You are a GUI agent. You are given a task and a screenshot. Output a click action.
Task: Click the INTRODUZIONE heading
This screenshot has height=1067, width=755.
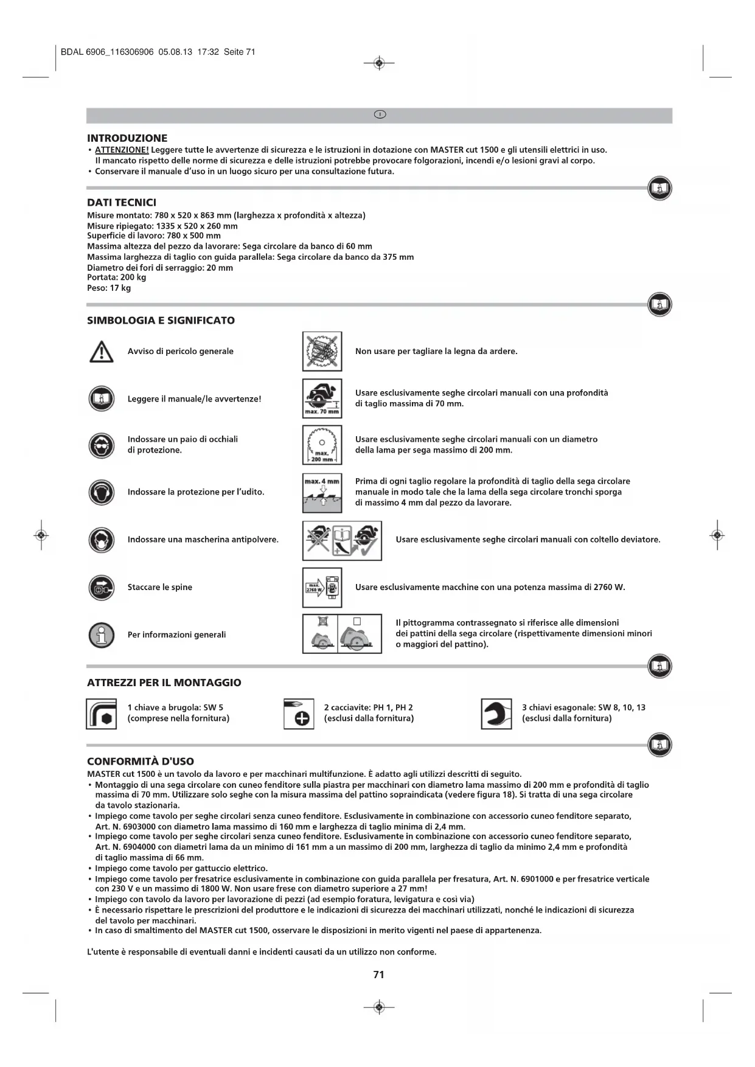[127, 138]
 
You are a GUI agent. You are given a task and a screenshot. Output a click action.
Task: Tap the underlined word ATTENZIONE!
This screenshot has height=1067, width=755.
[122, 150]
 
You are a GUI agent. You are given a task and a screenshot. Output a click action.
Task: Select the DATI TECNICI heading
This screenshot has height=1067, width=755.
[122, 203]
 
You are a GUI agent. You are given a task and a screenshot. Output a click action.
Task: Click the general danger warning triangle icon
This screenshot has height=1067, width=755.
[101, 352]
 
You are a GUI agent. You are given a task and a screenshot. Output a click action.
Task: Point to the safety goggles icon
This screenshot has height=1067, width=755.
[101, 445]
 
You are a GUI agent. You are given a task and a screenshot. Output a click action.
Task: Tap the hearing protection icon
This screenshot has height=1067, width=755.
[101, 492]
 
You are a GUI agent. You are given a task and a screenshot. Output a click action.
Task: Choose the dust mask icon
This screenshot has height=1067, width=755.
[101, 540]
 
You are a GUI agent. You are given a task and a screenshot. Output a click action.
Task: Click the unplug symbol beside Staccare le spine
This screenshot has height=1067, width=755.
[101, 587]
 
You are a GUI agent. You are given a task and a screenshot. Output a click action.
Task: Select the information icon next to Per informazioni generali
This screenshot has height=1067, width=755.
[101, 635]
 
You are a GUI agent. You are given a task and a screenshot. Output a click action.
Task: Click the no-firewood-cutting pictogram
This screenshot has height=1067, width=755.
[322, 352]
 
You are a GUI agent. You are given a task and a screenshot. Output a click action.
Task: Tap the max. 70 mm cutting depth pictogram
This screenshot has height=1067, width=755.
[322, 398]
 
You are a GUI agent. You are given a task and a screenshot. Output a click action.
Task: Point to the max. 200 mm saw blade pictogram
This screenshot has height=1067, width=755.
[322, 445]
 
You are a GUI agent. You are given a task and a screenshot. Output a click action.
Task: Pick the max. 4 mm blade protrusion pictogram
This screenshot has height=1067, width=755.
[322, 493]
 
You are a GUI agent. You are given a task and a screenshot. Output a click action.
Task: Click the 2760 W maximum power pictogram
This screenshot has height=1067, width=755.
[322, 588]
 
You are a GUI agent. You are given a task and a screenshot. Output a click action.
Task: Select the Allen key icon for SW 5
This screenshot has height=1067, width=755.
[101, 714]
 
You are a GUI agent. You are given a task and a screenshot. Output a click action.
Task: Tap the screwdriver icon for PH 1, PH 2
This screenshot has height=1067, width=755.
[299, 714]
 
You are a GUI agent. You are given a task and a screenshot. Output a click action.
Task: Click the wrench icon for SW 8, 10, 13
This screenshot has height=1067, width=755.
[496, 714]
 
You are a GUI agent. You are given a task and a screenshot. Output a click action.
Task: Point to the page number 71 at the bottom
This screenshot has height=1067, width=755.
[378, 975]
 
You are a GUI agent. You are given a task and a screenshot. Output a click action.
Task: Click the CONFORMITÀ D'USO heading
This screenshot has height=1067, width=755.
[141, 762]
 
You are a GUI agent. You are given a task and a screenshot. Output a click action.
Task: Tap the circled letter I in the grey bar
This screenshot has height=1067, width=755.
[380, 115]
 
